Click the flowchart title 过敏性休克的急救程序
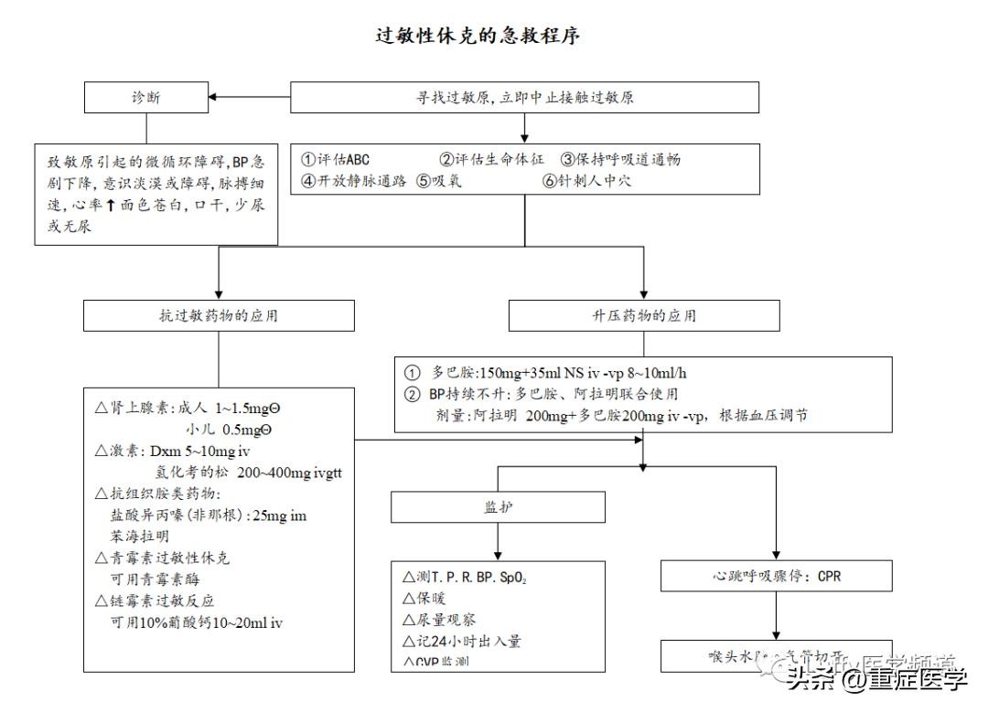[478, 36]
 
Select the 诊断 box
[147, 97]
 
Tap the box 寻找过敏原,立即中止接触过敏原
[524, 98]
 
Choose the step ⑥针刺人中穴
[586, 180]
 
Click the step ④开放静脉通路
[354, 180]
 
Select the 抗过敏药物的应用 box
[219, 316]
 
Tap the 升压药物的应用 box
[644, 316]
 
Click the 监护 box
[499, 507]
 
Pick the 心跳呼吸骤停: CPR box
[777, 577]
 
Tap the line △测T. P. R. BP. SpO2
[465, 578]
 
